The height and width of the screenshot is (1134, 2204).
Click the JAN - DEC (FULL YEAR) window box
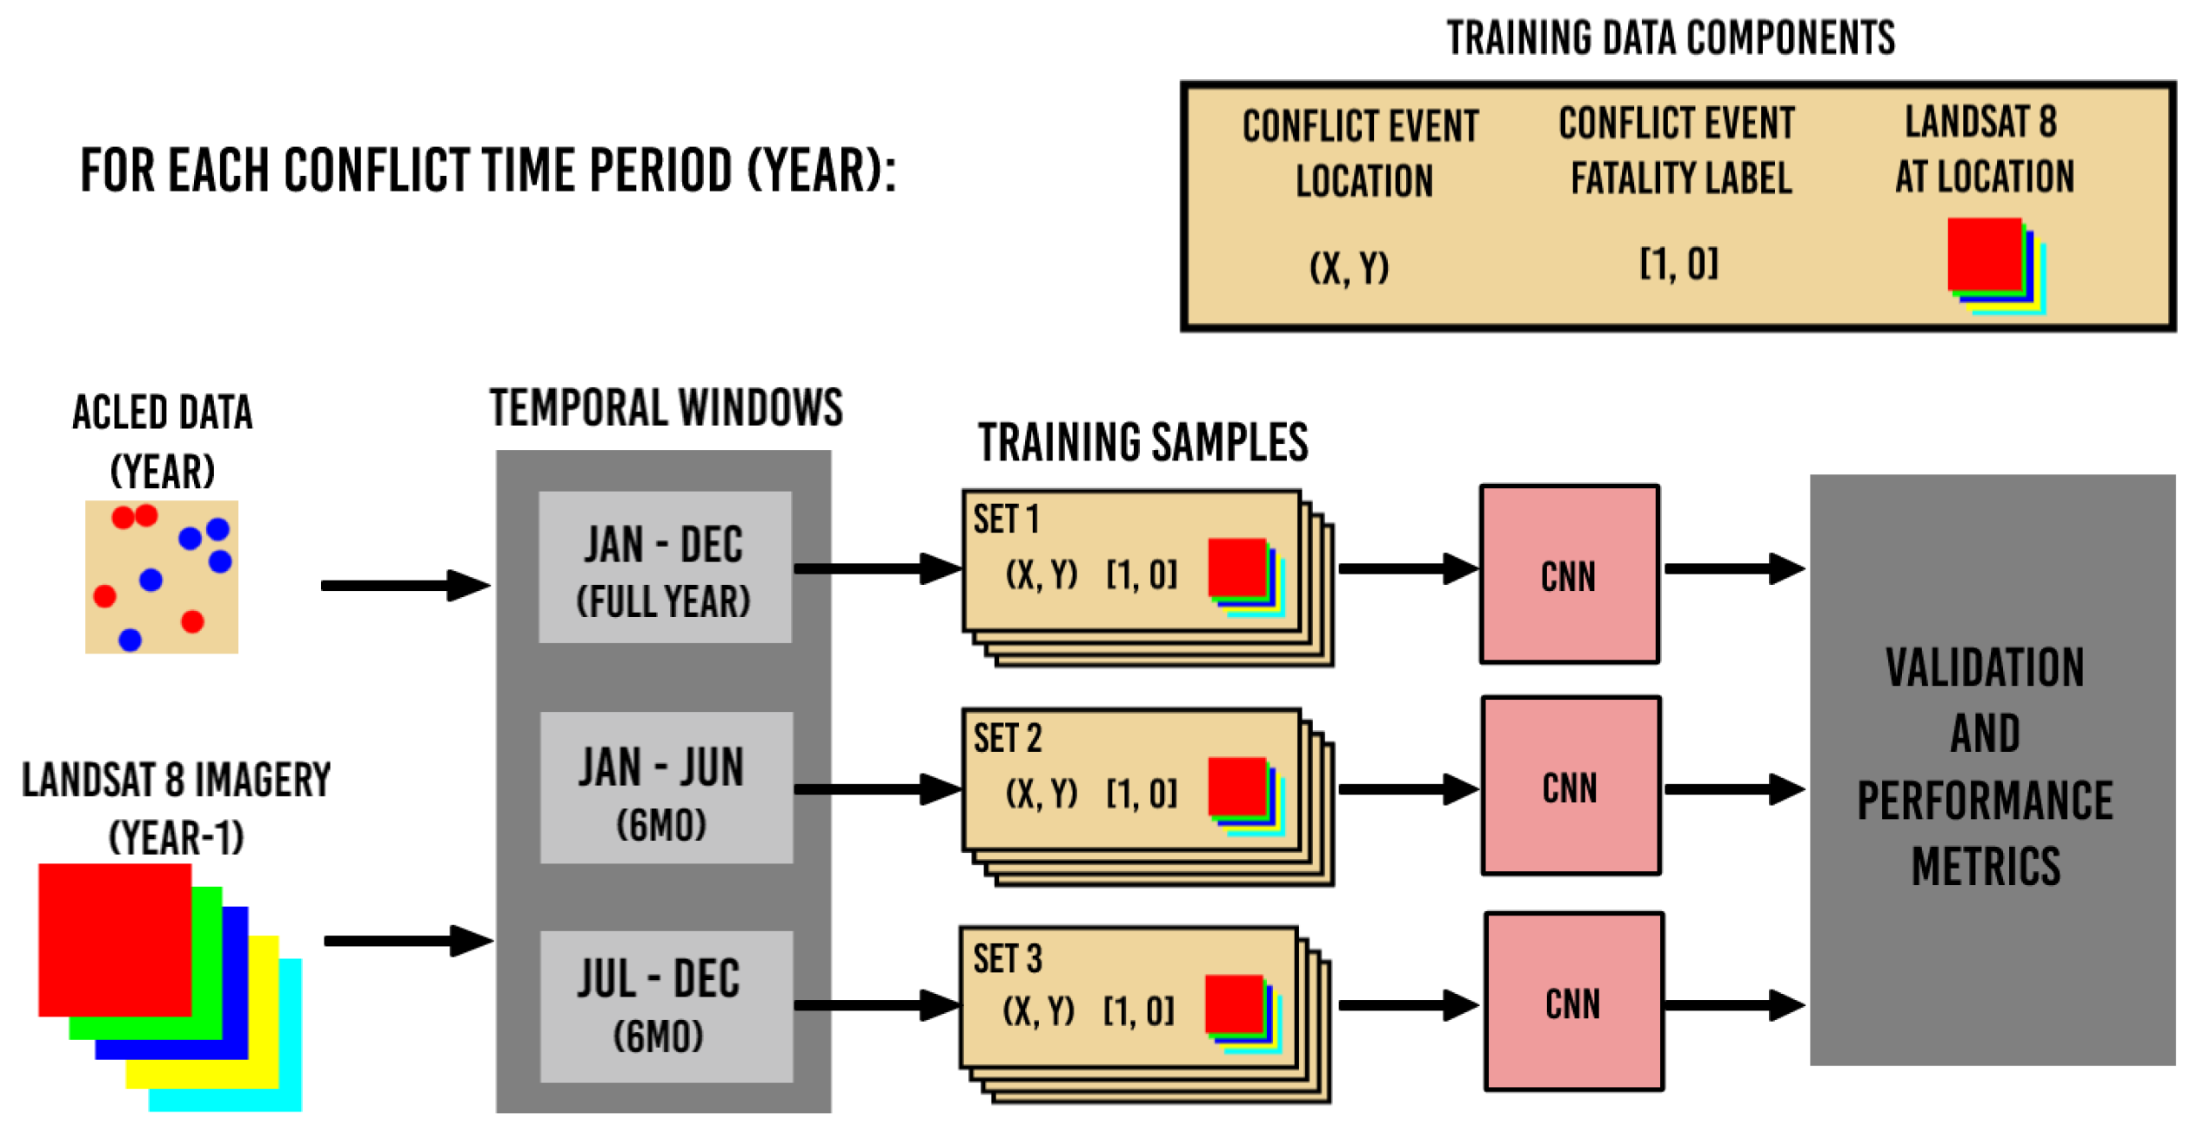pos(664,567)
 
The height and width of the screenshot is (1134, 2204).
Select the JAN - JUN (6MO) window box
pos(666,788)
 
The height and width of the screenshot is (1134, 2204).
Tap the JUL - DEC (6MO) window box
pos(666,1007)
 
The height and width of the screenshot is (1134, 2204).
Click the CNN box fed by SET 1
pos(1569,574)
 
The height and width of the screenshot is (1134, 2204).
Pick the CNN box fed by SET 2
pos(1571,786)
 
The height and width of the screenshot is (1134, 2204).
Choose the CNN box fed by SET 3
pos(1573,1002)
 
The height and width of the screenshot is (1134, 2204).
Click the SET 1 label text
pos(1006,520)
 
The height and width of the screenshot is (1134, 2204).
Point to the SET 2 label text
pos(1007,739)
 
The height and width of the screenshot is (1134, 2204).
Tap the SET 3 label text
pos(1007,959)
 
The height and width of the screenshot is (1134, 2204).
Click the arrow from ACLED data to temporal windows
pos(405,585)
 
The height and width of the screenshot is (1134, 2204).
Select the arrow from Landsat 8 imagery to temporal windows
pos(407,941)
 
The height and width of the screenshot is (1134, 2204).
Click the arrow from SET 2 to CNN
pos(1407,789)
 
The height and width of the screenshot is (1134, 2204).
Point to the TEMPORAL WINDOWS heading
pos(666,407)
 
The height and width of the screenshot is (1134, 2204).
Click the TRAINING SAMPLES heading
pos(1142,442)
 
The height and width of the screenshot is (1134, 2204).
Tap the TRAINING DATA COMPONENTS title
pos(1670,38)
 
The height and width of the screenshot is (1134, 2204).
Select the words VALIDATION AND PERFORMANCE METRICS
pos(1985,767)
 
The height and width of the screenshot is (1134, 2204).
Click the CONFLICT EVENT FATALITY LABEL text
pos(1678,150)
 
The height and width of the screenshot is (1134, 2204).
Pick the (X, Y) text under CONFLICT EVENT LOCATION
pos(1349,267)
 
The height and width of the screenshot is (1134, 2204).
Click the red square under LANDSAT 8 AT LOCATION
pos(1983,252)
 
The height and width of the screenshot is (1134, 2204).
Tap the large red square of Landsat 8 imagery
pos(114,939)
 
